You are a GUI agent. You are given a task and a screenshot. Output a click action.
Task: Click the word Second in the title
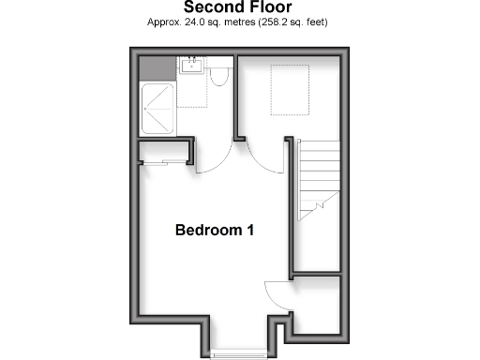(211, 8)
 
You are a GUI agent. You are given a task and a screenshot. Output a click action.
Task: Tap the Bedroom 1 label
(215, 230)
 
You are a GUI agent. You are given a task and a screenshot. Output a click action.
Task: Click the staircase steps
(318, 178)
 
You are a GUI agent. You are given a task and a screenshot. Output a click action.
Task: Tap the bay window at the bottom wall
(238, 352)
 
